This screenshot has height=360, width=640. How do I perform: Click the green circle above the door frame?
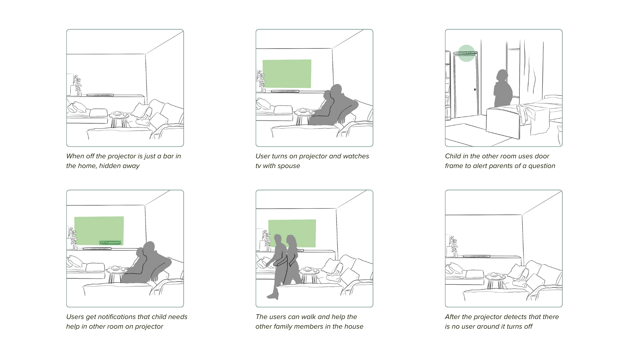(466, 53)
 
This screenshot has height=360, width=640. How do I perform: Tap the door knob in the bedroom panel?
(475, 89)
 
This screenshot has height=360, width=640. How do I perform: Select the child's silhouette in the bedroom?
(503, 88)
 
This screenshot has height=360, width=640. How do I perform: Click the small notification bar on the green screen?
(110, 243)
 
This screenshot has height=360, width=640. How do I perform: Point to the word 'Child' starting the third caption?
(453, 156)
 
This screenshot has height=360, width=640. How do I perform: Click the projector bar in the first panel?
(100, 95)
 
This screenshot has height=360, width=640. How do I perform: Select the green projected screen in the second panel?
(287, 74)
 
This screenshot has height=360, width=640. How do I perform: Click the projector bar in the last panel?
(477, 256)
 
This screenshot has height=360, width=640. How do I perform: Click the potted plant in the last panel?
(454, 246)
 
